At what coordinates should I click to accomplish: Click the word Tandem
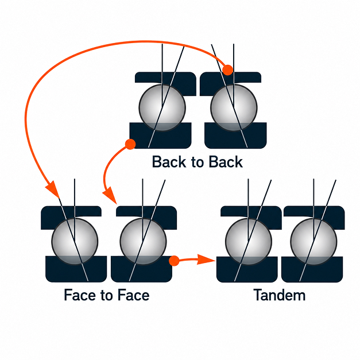280,295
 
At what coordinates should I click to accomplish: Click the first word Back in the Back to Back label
169,162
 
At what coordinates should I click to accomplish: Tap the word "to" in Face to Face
106,296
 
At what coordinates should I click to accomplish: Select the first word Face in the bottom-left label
79,295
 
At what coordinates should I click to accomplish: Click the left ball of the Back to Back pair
162,108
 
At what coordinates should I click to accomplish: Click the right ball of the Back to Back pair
234,108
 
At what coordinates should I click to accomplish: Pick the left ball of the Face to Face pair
75,242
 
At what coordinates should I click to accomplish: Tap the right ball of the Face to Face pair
143,242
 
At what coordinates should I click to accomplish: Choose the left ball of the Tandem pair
249,242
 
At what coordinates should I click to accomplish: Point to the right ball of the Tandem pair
313,242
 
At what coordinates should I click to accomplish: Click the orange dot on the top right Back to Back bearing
228,70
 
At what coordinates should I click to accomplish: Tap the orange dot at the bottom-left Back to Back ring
130,144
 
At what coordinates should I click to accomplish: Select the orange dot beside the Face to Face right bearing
174,261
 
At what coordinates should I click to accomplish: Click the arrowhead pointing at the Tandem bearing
207,260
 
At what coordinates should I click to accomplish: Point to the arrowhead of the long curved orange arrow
53,189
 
